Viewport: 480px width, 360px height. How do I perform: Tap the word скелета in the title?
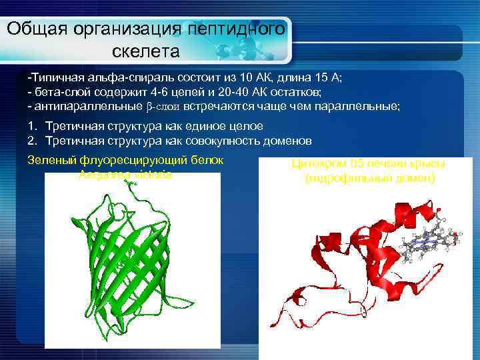(x=147, y=51)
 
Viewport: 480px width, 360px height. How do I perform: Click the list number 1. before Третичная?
(x=32, y=126)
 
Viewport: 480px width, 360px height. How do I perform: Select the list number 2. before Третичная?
(x=32, y=141)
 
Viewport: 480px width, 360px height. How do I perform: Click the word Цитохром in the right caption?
(x=319, y=164)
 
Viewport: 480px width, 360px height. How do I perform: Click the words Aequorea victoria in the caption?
(x=125, y=175)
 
